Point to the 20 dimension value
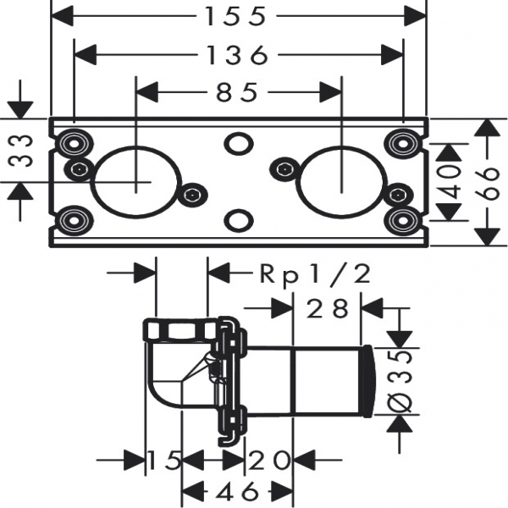coord(269,461)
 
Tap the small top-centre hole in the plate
coord(239,142)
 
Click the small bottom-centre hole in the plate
coord(239,220)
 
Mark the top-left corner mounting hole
coord(74,141)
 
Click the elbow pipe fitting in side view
coord(174,364)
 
